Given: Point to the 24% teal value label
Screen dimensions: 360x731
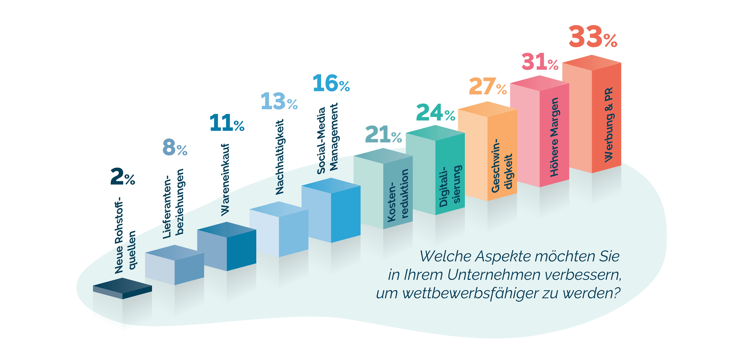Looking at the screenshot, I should tap(435, 113).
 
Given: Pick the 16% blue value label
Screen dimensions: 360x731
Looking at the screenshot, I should tap(331, 83).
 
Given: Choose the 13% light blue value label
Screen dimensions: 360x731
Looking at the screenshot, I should tap(279, 101).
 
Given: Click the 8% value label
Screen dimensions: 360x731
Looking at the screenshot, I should tap(175, 148).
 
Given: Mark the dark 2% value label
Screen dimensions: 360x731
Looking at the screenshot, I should tap(122, 177).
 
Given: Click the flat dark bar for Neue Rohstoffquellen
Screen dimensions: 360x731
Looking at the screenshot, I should tap(122, 288).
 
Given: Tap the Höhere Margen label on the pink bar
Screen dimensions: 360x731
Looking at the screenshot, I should tap(554, 137).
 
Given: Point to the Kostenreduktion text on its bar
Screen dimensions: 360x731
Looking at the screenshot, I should tap(398, 195).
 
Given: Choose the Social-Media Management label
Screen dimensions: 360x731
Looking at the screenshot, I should tap(327, 138).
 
